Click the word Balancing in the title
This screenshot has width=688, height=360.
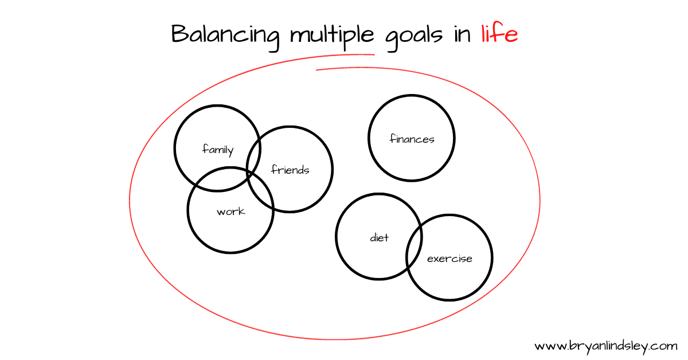coord(225,37)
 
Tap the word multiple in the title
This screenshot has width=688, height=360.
coord(332,36)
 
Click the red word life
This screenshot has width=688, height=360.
coord(499,33)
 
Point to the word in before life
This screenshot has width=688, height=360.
coord(462,35)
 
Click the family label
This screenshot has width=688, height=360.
coord(218,150)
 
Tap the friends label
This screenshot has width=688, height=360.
coord(290,169)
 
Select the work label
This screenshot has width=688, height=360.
coord(230,212)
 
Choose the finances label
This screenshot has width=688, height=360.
coord(412,139)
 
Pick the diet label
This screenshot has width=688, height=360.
coord(379,237)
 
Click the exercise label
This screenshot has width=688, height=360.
coord(449,259)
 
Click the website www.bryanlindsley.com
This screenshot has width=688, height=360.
coord(605,347)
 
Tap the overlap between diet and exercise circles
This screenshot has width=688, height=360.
coord(415,248)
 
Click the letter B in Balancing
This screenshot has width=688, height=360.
coord(179,33)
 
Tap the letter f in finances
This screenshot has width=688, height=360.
coord(393,138)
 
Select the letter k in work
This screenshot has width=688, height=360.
coord(241,211)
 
